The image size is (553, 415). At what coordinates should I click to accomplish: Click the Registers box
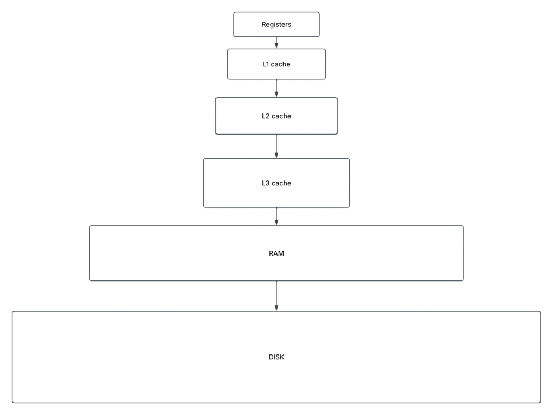pyautogui.click(x=276, y=24)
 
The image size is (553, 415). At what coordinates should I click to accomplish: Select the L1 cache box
pyautogui.click(x=276, y=64)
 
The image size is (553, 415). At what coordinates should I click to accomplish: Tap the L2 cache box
pyautogui.click(x=276, y=116)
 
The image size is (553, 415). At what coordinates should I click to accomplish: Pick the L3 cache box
pyautogui.click(x=276, y=183)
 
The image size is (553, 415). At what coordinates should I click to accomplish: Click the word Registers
pyautogui.click(x=276, y=25)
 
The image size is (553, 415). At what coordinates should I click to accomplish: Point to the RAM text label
pyautogui.click(x=276, y=253)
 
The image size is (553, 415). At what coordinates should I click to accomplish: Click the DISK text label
pyautogui.click(x=276, y=357)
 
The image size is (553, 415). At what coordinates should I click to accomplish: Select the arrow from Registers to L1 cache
pyautogui.click(x=276, y=43)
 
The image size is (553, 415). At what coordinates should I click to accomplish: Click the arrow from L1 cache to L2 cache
pyautogui.click(x=276, y=89)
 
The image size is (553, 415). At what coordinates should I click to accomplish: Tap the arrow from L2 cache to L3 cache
pyautogui.click(x=276, y=146)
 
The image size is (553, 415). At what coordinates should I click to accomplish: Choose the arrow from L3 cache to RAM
pyautogui.click(x=276, y=217)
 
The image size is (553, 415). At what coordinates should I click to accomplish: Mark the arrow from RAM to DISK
pyautogui.click(x=276, y=296)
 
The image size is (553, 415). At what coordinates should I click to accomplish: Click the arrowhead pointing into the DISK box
pyautogui.click(x=276, y=308)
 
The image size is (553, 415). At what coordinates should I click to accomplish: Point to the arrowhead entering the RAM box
pyautogui.click(x=276, y=223)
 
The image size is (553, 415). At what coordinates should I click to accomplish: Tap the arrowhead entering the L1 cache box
pyautogui.click(x=276, y=46)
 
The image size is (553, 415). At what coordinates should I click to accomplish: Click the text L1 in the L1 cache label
pyautogui.click(x=266, y=64)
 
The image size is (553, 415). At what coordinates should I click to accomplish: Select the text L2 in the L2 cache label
pyautogui.click(x=266, y=116)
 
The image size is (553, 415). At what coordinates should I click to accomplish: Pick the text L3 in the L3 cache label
pyautogui.click(x=266, y=183)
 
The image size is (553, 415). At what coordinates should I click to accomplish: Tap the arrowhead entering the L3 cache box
pyautogui.click(x=276, y=156)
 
